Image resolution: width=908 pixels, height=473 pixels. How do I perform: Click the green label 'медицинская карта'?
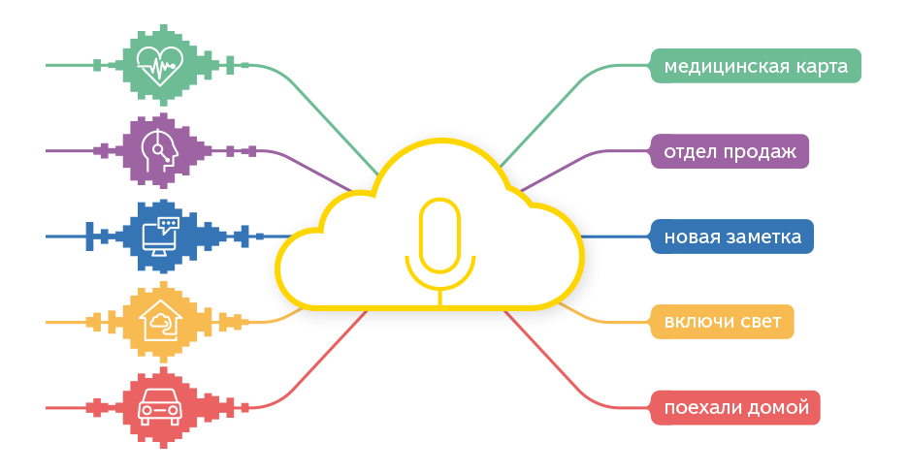[x=756, y=67]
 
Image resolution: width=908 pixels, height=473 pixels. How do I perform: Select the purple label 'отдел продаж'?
[x=730, y=152]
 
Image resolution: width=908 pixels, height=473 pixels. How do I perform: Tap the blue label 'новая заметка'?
[x=732, y=236]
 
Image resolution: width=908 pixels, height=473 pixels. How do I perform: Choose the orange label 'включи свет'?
[x=723, y=322]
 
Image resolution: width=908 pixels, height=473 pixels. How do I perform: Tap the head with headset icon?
[x=160, y=149]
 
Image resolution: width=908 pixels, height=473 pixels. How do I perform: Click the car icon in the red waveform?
[x=160, y=406]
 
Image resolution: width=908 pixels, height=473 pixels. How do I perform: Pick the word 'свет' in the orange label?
[x=759, y=322]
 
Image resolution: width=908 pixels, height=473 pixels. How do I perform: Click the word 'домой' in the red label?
[x=779, y=407]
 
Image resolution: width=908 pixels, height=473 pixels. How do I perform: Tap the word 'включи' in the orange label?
[x=696, y=322]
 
